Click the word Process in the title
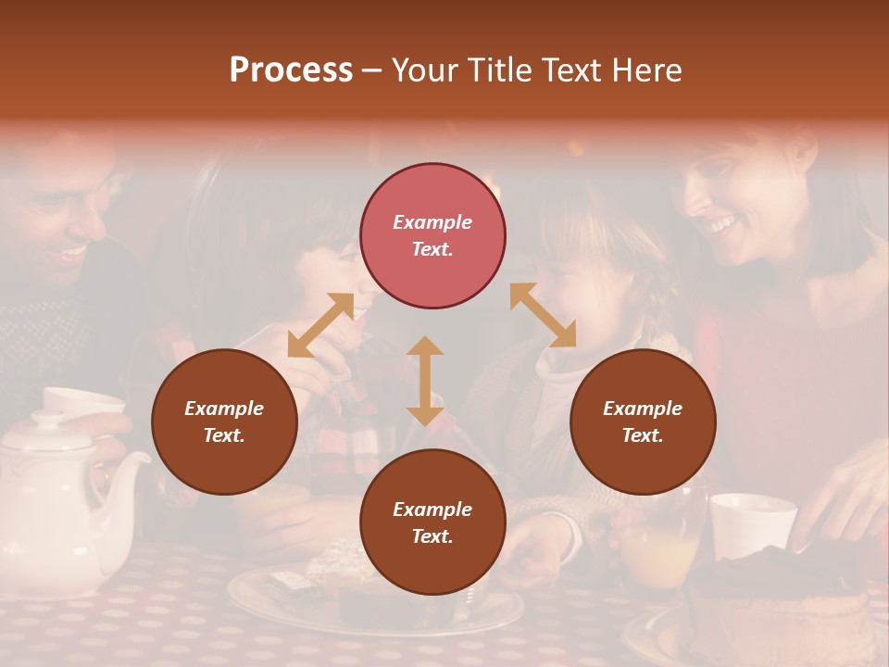click(291, 70)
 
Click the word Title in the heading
click(498, 70)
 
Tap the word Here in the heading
click(647, 70)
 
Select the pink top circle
click(432, 235)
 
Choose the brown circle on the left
click(224, 422)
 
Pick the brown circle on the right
click(643, 422)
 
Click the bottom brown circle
click(432, 522)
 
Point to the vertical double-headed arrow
click(425, 381)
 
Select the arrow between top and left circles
click(320, 325)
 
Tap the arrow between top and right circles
click(543, 315)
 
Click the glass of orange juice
click(659, 547)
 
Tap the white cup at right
click(751, 523)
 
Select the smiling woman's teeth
click(721, 226)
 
